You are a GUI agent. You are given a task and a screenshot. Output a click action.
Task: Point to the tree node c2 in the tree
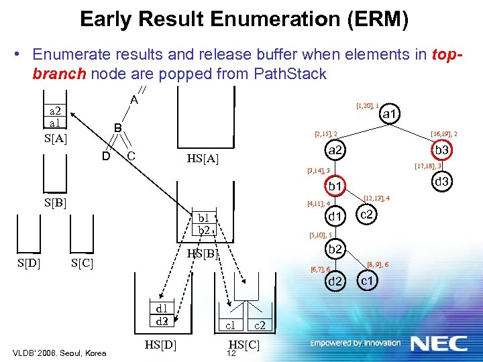click(367, 215)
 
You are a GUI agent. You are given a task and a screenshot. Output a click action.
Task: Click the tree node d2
click(335, 281)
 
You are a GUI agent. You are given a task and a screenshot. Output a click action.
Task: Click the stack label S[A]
click(55, 139)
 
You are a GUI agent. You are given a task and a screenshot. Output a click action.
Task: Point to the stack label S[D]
click(28, 262)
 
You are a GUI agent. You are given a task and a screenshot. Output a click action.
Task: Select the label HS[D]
click(161, 345)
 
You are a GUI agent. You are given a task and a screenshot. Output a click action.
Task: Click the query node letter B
click(117, 127)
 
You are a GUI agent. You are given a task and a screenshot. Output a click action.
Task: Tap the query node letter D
click(106, 157)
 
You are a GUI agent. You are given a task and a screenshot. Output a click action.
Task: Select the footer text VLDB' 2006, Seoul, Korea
click(59, 353)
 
